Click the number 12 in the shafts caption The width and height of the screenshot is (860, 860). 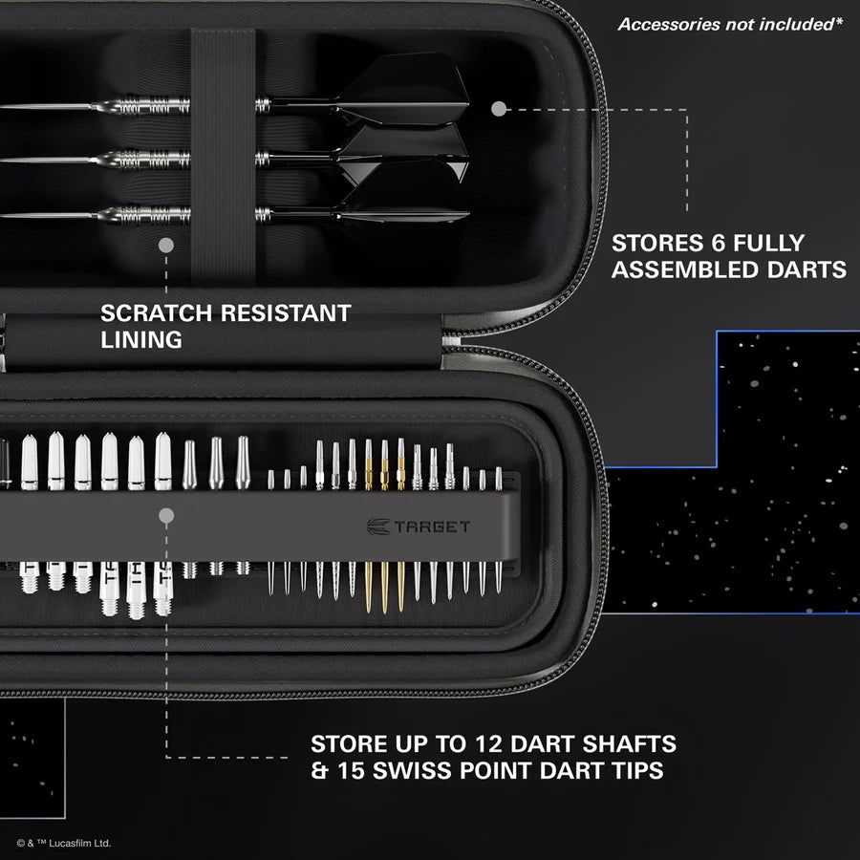(x=501, y=743)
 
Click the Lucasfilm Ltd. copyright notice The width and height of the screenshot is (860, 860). (x=64, y=843)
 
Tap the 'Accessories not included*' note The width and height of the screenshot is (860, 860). (x=730, y=25)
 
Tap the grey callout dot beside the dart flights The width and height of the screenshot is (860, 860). (x=498, y=109)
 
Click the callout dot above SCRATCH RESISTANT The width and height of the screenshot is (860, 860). (x=166, y=246)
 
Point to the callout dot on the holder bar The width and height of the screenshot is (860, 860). (x=166, y=516)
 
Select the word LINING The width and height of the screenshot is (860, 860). (x=141, y=339)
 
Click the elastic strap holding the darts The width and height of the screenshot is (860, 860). (x=223, y=153)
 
